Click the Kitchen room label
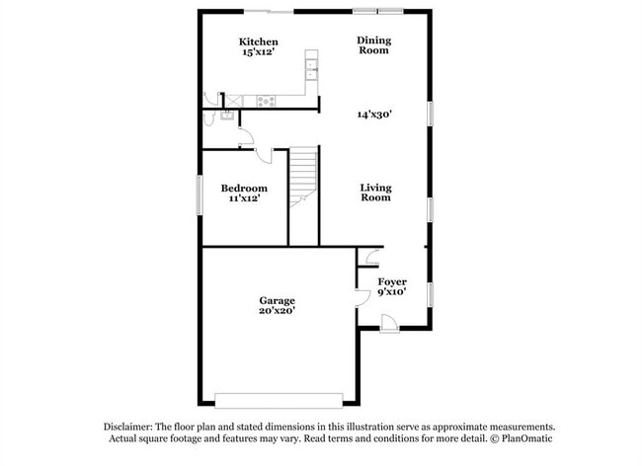coord(259,41)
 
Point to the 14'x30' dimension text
coord(375,115)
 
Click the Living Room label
coord(375,193)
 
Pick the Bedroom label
coord(243,189)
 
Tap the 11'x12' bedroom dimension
coord(243,198)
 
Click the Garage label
coord(278,300)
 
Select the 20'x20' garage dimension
coord(278,311)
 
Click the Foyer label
coord(392,282)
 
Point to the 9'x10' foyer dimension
coord(392,293)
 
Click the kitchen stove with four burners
coord(266,100)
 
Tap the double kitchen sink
coord(311,68)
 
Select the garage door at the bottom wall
coord(278,400)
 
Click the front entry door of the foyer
coord(387,322)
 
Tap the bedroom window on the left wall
coord(199,192)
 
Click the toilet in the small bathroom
coord(208,116)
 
